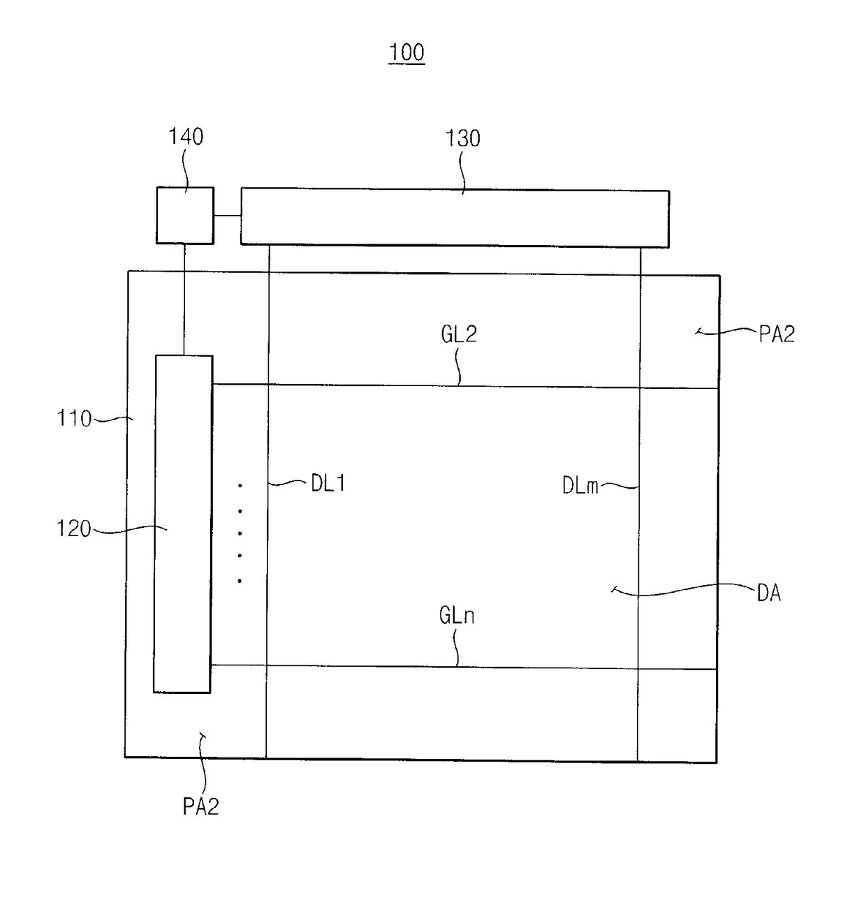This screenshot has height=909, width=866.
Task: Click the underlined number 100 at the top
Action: coord(406,52)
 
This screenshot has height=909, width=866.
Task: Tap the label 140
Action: coord(186,136)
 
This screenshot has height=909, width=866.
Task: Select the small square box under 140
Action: coord(185,215)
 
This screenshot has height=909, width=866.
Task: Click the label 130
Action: coord(462,138)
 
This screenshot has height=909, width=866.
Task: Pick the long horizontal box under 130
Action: coord(455,217)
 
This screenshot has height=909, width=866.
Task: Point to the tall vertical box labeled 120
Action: coord(183,524)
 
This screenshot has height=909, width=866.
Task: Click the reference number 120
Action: coord(73,529)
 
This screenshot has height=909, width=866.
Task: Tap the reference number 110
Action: coord(73,418)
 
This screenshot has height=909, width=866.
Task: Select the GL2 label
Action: coord(458,334)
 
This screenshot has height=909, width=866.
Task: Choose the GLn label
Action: coord(457,615)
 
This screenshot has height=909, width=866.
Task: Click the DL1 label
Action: coord(328,483)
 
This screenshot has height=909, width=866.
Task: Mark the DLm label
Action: coord(580,485)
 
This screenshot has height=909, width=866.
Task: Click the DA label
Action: coord(768,593)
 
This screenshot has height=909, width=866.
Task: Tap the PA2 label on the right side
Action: coord(777,334)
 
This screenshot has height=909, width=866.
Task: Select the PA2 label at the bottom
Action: coord(200,806)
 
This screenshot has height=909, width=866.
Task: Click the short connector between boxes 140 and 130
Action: coord(227,216)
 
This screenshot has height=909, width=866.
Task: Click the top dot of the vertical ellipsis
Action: coord(240,485)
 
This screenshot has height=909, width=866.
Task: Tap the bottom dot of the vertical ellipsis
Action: coord(240,580)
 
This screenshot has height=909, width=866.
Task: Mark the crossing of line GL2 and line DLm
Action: coord(639,387)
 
